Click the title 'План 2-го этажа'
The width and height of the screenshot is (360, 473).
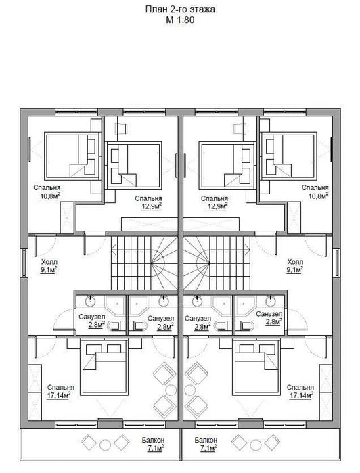click(x=180, y=9)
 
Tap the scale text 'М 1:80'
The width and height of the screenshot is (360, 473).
click(x=180, y=20)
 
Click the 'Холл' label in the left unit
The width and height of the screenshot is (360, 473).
click(x=49, y=262)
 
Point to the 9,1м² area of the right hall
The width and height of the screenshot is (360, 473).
click(x=295, y=270)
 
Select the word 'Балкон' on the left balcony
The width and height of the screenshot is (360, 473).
click(x=153, y=440)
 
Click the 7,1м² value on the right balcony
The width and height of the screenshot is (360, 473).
click(x=208, y=448)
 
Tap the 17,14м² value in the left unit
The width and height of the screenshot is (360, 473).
click(x=59, y=395)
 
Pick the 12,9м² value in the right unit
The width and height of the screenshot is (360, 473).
click(x=217, y=206)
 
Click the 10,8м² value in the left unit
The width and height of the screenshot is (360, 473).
click(x=50, y=196)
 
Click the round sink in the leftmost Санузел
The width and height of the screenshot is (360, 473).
click(x=91, y=300)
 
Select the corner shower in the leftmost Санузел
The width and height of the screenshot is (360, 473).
click(x=114, y=306)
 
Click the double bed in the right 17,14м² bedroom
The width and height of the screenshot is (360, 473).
click(x=256, y=367)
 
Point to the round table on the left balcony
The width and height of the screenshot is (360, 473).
click(x=105, y=445)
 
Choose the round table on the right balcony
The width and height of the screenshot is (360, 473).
click(x=256, y=445)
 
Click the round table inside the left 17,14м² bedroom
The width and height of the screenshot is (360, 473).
click(x=171, y=390)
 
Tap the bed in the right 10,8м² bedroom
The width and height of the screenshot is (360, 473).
click(x=289, y=156)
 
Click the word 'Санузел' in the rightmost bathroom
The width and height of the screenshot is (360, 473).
click(x=269, y=315)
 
